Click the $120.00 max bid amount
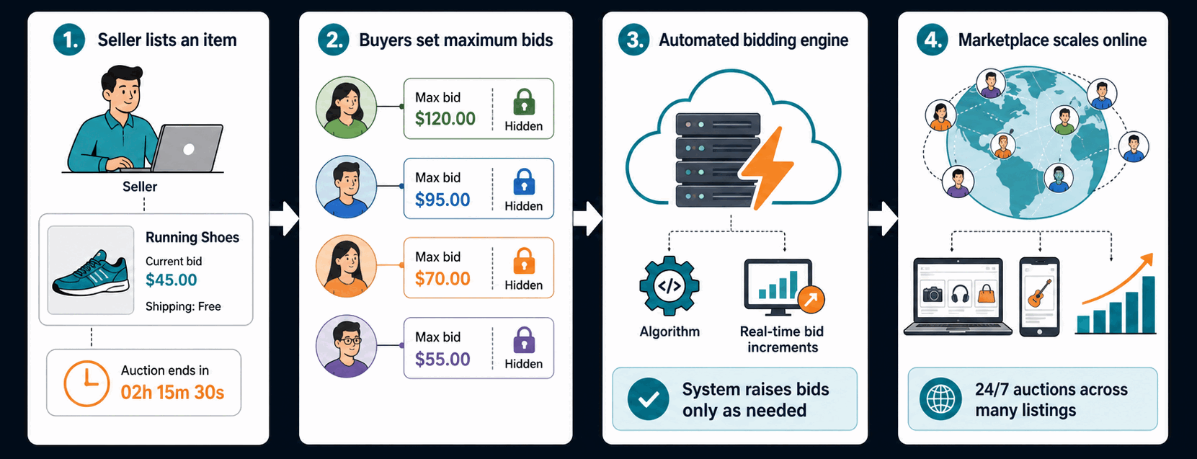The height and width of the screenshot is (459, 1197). [x=445, y=118]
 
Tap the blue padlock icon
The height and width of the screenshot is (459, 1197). [x=524, y=182]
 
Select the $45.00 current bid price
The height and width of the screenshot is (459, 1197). [x=171, y=280]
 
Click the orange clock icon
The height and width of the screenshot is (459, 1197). [x=86, y=383]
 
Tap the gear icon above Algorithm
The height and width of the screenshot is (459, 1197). [x=669, y=286]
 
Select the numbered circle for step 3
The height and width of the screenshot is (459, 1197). [x=634, y=40]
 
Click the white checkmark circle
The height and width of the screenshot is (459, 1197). [x=648, y=398]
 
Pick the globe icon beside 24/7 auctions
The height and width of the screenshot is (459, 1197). [x=940, y=398]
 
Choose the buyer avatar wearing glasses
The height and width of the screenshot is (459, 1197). [x=347, y=346]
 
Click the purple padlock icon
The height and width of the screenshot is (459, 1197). [x=524, y=340]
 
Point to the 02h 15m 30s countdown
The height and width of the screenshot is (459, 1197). [x=172, y=392]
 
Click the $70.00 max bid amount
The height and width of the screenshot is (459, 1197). [x=442, y=278]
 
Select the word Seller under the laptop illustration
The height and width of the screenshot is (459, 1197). [x=140, y=187]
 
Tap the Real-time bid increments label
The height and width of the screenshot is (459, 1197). [x=782, y=339]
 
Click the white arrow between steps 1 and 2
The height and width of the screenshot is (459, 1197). [x=284, y=218]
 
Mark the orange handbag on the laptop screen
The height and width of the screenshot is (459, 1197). [x=987, y=293]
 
